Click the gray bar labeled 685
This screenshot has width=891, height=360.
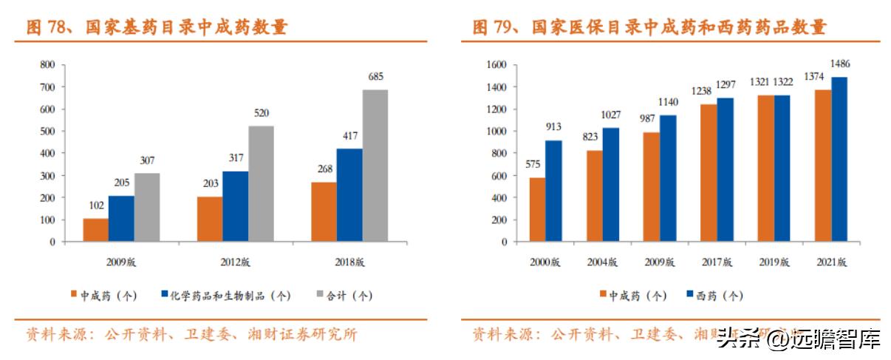click(375, 166)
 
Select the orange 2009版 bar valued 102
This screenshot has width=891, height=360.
click(95, 230)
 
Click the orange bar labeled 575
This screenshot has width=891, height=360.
click(537, 209)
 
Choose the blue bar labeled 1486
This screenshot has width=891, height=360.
click(839, 159)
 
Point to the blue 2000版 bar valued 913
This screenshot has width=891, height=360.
click(553, 191)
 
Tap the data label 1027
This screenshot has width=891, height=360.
click(610, 115)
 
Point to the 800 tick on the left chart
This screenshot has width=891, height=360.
click(47, 65)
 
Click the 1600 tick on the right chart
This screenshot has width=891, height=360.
click(496, 65)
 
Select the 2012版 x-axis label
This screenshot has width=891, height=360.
click(235, 262)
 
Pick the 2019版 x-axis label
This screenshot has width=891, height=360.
click(774, 262)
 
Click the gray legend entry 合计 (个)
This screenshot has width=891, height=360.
click(345, 296)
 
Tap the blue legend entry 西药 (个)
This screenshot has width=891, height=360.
click(714, 296)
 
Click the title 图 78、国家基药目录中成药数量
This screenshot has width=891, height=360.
click(157, 28)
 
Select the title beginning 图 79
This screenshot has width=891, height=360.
click(649, 28)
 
